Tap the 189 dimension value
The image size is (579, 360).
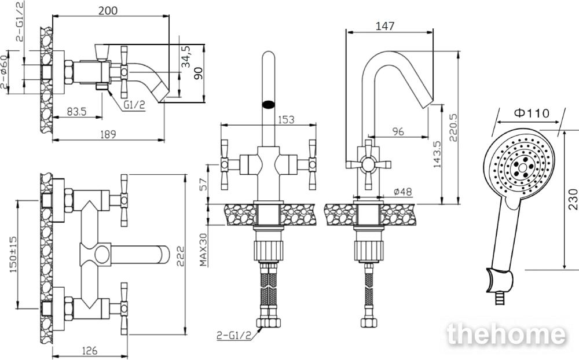pos(107,134)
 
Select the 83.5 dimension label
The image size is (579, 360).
pos(77,111)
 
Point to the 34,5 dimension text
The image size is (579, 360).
pos(186,57)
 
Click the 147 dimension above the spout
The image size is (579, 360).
pos(385,26)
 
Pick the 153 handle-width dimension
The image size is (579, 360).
pos(286,119)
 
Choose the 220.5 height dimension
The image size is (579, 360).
pos(453,127)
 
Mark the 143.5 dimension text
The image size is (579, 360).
pos(437,154)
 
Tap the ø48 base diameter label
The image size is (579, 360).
pos(402,192)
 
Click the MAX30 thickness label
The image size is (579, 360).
pos(203,249)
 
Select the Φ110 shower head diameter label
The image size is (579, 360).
pos(532,113)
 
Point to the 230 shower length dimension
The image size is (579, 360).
pos(573,199)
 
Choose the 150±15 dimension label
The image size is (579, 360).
pos(13,255)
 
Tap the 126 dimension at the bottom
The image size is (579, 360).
pos(89,350)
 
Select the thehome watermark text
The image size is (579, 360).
pos(505,335)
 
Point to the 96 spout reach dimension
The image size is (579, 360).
pos(398,131)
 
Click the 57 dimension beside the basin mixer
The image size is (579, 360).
pos(203,184)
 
